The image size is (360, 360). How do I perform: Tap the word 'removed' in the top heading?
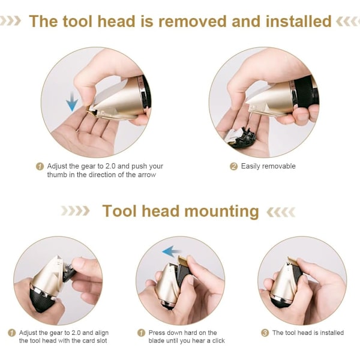pos(193,22)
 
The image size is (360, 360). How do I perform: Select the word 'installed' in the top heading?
pos(298,22)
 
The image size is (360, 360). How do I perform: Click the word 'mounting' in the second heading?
pos(222,212)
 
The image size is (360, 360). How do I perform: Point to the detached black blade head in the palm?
pos(242,136)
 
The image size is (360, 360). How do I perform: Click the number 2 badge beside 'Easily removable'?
pos(233,166)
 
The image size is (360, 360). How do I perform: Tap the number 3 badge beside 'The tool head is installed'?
pos(265,332)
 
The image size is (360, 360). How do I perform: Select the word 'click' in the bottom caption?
pos(218,340)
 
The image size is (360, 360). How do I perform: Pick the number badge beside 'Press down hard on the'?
pos(141,332)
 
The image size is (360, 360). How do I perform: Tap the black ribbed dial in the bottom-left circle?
pos(42,300)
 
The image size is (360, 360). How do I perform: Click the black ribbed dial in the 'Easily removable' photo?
pos(307,91)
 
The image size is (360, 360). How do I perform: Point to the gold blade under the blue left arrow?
pos(183,260)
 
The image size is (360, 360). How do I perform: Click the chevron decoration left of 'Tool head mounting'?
pos(75,211)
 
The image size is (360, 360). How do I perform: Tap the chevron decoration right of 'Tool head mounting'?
pos(281,212)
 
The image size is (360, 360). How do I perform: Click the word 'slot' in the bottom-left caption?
pos(101,340)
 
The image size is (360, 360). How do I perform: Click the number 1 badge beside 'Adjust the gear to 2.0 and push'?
pos(40,166)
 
